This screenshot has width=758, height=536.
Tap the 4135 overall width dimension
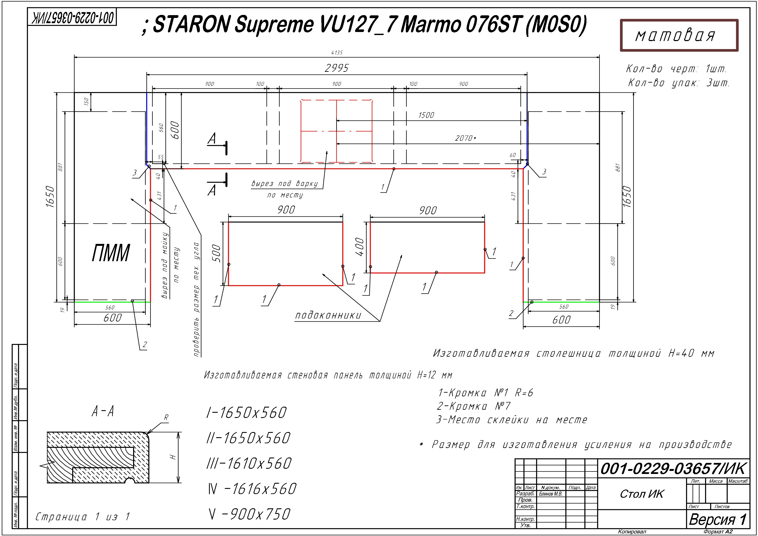(337, 53)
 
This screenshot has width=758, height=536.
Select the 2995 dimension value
(336, 68)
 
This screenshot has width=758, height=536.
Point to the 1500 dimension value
(426, 115)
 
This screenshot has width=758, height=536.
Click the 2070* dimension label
(465, 138)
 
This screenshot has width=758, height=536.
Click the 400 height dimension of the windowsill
(360, 247)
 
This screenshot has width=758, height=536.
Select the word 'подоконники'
(328, 315)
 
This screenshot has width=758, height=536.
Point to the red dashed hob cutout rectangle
(336, 131)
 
